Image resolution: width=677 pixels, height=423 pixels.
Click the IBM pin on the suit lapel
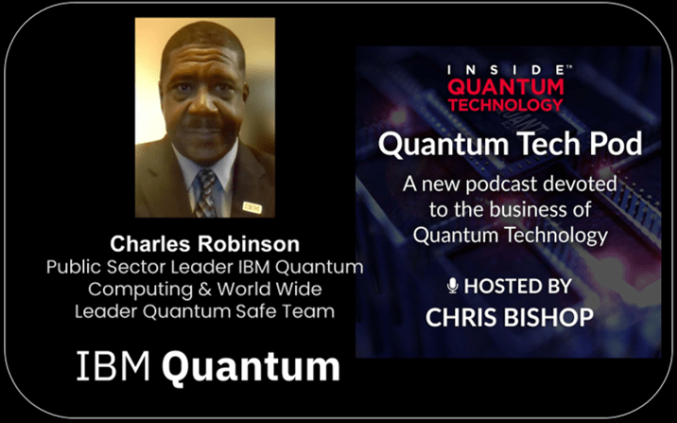[x=252, y=208]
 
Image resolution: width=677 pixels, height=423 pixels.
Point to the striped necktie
[x=205, y=193]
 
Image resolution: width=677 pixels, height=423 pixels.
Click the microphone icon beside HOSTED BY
[x=453, y=286]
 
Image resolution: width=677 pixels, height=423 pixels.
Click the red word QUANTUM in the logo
[x=506, y=87]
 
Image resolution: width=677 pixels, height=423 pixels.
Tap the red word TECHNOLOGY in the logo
[x=506, y=104]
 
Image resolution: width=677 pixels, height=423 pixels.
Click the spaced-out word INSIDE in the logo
[x=506, y=70]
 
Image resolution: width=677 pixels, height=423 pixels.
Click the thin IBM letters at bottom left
[x=113, y=366]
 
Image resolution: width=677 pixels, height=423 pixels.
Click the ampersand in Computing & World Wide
[x=204, y=290]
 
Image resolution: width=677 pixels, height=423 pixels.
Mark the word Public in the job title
[x=74, y=267]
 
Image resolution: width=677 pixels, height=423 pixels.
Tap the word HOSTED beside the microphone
[x=494, y=286]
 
